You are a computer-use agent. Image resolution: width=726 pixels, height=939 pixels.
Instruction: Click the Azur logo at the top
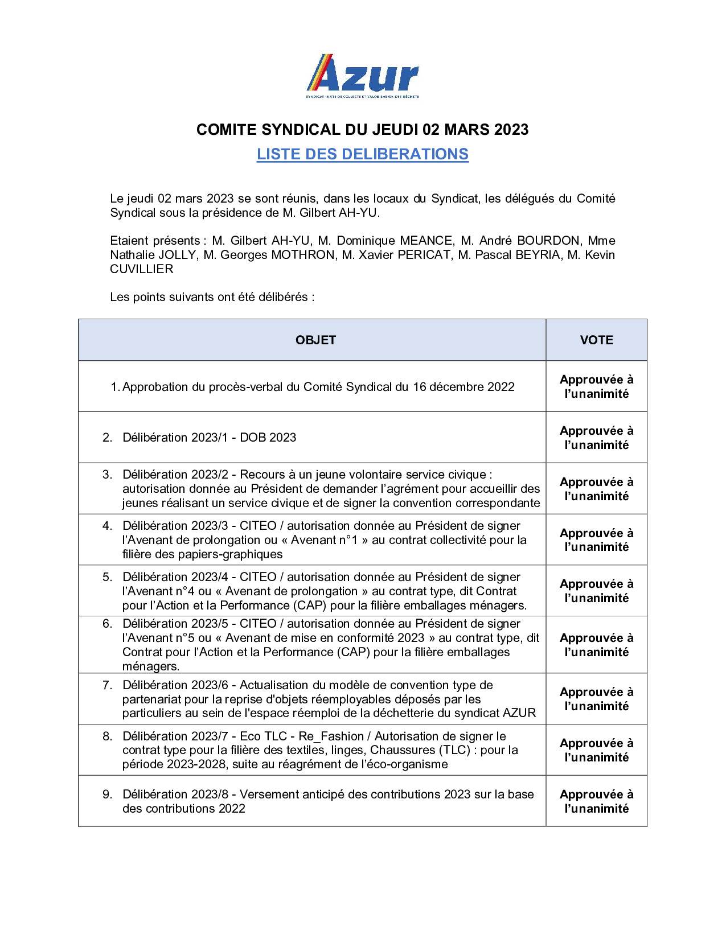tap(363, 76)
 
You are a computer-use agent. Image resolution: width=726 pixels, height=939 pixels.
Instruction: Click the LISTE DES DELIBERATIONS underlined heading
tap(363, 154)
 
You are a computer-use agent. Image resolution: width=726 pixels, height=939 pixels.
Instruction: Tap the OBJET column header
tap(315, 340)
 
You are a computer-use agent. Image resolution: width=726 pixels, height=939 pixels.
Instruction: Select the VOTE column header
tap(596, 340)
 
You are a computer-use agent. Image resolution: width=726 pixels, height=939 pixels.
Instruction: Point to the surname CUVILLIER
tap(141, 269)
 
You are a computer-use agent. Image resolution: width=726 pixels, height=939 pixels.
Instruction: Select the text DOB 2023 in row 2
tap(268, 437)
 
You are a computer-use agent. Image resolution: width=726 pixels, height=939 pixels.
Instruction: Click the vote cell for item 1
tap(596, 386)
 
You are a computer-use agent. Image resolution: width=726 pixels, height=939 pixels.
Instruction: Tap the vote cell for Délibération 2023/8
tap(596, 801)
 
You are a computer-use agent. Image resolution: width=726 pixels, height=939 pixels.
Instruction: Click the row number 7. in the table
tap(107, 685)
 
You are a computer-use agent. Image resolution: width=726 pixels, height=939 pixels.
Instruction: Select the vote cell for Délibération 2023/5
tap(596, 645)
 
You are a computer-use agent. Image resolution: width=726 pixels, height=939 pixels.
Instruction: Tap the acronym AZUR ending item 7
tap(519, 713)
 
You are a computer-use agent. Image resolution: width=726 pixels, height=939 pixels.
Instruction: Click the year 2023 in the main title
tap(511, 130)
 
